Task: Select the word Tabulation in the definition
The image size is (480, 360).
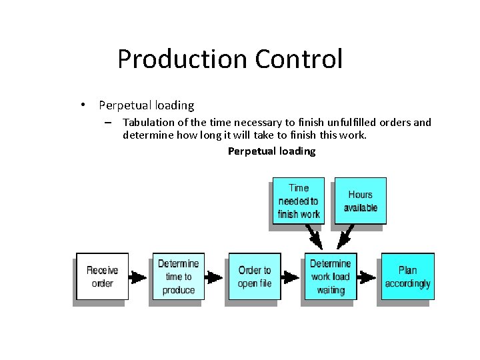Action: point(148,122)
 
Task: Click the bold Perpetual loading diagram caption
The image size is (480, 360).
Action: point(271,151)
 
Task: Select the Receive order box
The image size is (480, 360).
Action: point(102,277)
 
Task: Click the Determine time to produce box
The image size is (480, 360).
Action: point(178,277)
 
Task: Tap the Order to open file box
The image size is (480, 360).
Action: point(254,277)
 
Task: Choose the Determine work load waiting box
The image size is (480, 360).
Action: point(330,277)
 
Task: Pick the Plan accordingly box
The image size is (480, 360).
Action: point(407,277)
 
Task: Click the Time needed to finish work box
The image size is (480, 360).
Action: point(298,201)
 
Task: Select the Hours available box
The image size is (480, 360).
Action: point(360,201)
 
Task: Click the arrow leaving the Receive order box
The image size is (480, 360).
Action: point(138,277)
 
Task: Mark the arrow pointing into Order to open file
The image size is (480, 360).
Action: point(214,277)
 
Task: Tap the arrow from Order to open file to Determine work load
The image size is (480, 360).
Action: point(290,277)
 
